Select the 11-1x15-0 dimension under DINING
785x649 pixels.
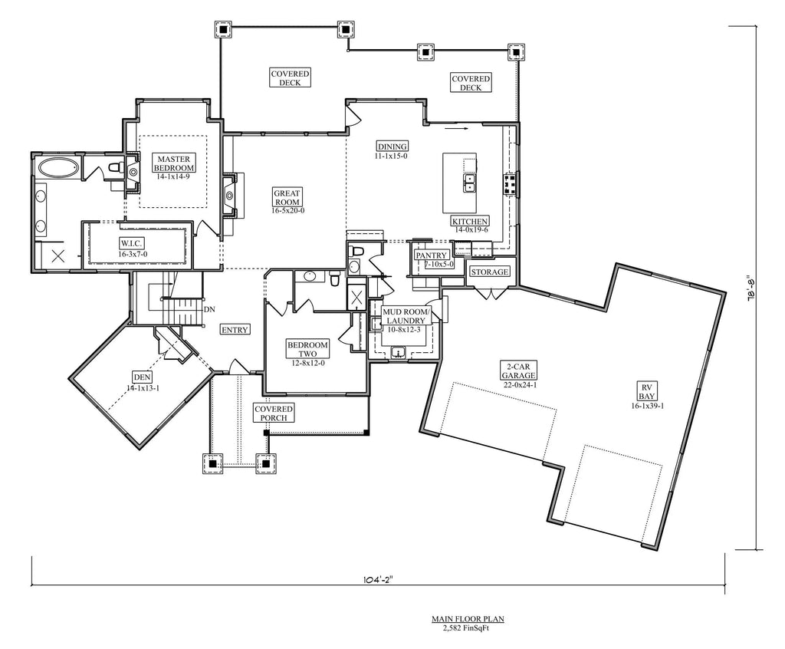(391, 156)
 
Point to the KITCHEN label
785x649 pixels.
(469, 221)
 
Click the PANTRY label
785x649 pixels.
(432, 255)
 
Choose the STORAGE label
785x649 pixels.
(490, 272)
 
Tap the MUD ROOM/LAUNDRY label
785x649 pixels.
(402, 315)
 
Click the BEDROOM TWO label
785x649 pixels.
(307, 350)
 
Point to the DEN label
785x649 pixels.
(141, 377)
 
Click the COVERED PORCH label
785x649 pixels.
(274, 413)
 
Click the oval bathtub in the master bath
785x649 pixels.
(57, 167)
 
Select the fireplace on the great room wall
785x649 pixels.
(229, 195)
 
